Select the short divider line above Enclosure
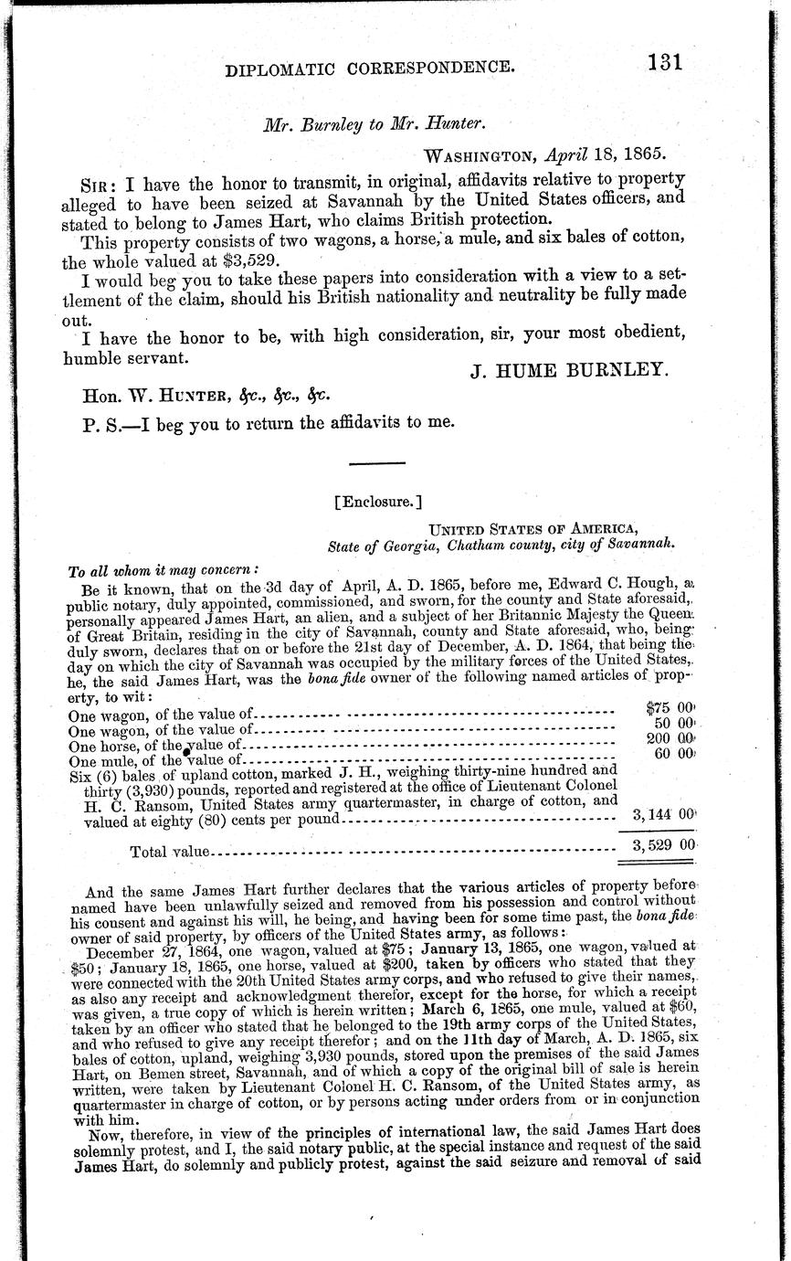(377, 461)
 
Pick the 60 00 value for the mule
(674, 753)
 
